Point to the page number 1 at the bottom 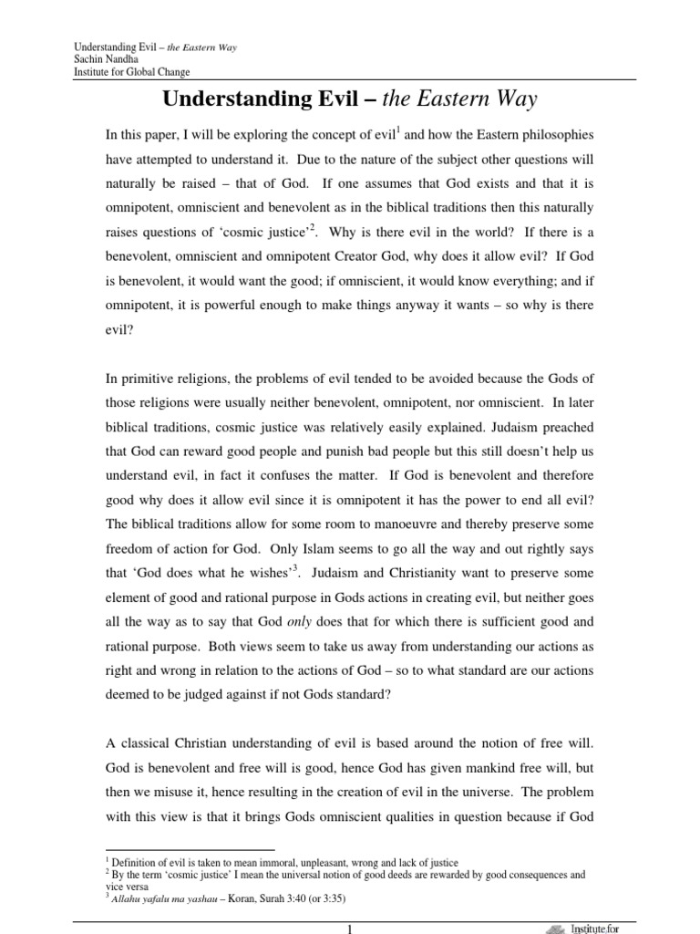(x=350, y=928)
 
